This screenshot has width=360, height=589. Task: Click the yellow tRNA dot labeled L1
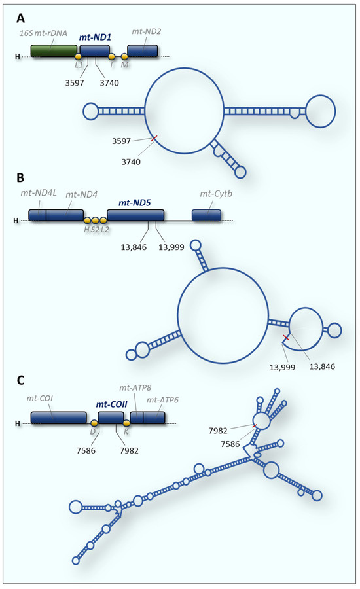pos(78,58)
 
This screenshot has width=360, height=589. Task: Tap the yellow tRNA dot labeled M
pos(124,58)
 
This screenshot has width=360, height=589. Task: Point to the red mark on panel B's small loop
pos(285,338)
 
